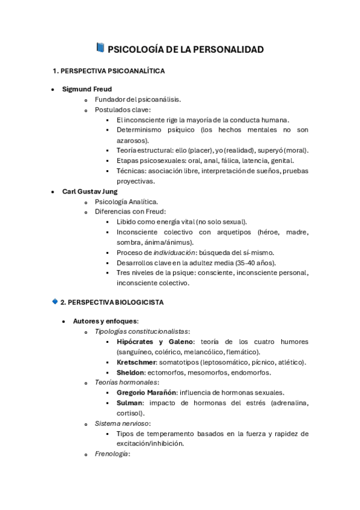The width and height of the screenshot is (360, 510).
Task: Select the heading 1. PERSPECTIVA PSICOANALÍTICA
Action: click(x=109, y=71)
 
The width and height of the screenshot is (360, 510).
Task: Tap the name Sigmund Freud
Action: click(x=87, y=89)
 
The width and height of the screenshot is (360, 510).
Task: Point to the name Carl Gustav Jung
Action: click(x=90, y=191)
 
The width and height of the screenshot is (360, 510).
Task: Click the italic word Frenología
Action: click(x=112, y=454)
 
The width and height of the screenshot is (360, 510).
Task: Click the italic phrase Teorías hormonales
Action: click(x=126, y=382)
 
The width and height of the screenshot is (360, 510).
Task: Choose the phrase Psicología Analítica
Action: click(x=126, y=201)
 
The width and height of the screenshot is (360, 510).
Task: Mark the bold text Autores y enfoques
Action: click(x=105, y=321)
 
